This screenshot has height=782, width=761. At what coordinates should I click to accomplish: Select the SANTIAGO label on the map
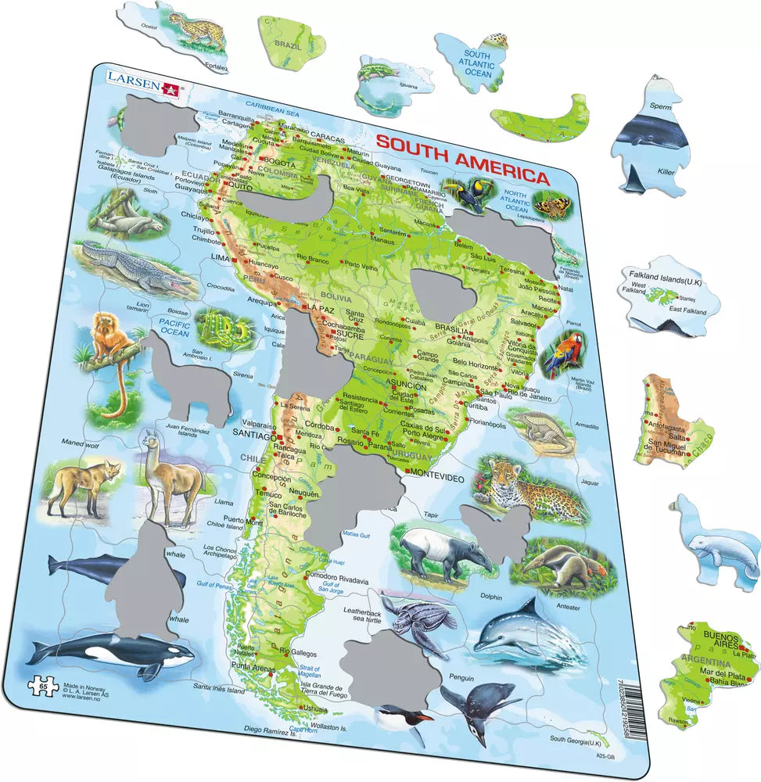coord(253,434)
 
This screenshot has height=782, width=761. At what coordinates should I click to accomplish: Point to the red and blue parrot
coord(561,354)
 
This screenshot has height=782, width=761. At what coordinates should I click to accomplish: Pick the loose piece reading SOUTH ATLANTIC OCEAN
coord(477,63)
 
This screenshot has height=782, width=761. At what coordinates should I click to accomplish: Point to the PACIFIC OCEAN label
coord(174,326)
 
